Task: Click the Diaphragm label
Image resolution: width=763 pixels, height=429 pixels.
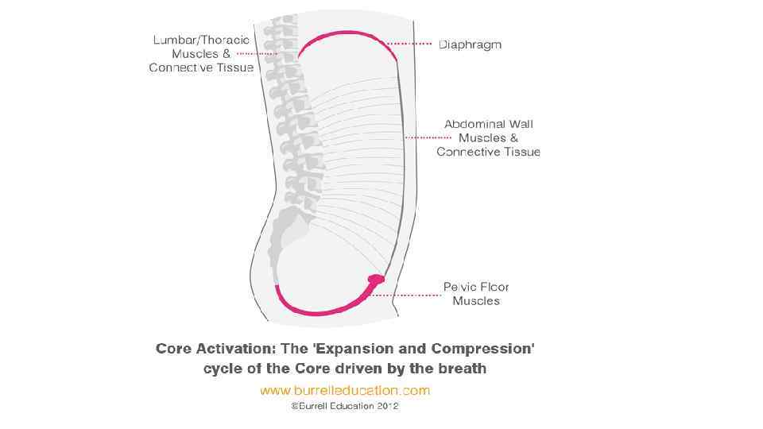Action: [471, 44]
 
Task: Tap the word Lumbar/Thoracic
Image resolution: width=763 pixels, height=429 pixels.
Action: [200, 40]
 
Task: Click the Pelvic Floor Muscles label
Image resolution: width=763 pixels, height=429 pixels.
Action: [476, 294]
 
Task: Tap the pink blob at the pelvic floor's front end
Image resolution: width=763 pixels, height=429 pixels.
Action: [377, 279]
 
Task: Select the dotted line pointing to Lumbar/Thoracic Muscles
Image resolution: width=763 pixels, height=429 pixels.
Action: [256, 53]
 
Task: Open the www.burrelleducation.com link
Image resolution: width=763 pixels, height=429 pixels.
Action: [344, 390]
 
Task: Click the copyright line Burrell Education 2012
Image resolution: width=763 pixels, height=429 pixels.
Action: [344, 406]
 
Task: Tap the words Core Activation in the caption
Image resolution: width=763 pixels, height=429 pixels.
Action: [211, 349]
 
